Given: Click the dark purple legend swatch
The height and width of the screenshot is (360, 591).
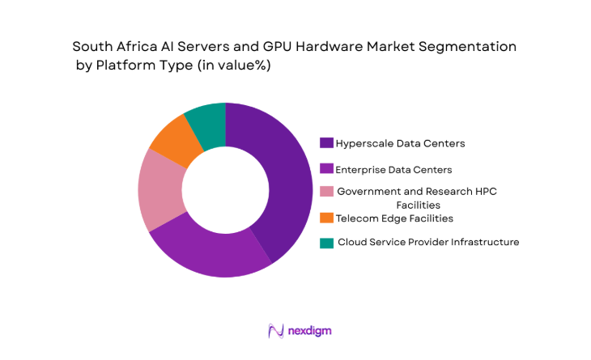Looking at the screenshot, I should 327,143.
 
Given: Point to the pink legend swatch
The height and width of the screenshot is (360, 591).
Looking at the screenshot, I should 327,191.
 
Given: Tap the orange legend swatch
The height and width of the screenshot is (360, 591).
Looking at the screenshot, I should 327,218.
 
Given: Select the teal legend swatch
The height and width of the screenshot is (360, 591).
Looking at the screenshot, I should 327,242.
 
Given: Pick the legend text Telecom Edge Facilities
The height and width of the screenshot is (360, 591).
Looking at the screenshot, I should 394,218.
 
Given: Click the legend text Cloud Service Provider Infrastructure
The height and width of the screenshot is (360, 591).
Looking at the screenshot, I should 428,242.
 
